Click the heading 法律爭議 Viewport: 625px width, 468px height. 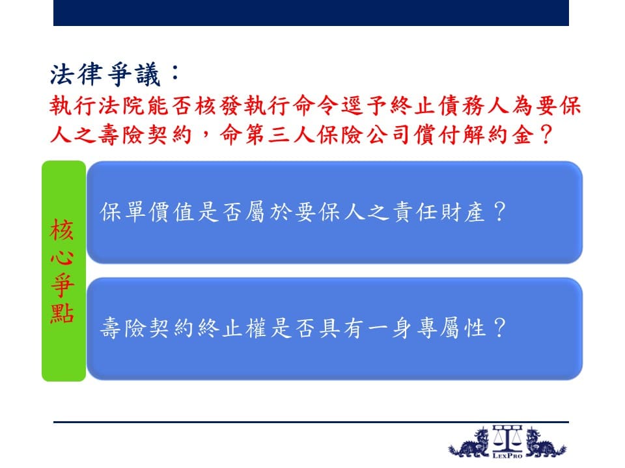pyautogui.click(x=105, y=74)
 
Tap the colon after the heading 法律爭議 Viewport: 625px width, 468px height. pyautogui.click(x=174, y=73)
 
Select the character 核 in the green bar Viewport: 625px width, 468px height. pyautogui.click(x=62, y=229)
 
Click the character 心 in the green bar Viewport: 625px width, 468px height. pyautogui.click(x=62, y=257)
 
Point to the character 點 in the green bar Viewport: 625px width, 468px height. pyautogui.click(x=62, y=313)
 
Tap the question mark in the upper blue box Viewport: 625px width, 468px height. pyautogui.click(x=499, y=211)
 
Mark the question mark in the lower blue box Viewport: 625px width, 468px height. pyautogui.click(x=499, y=328)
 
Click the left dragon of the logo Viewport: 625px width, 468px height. pyautogui.click(x=469, y=443)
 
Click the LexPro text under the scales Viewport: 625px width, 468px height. pyautogui.click(x=507, y=456)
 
